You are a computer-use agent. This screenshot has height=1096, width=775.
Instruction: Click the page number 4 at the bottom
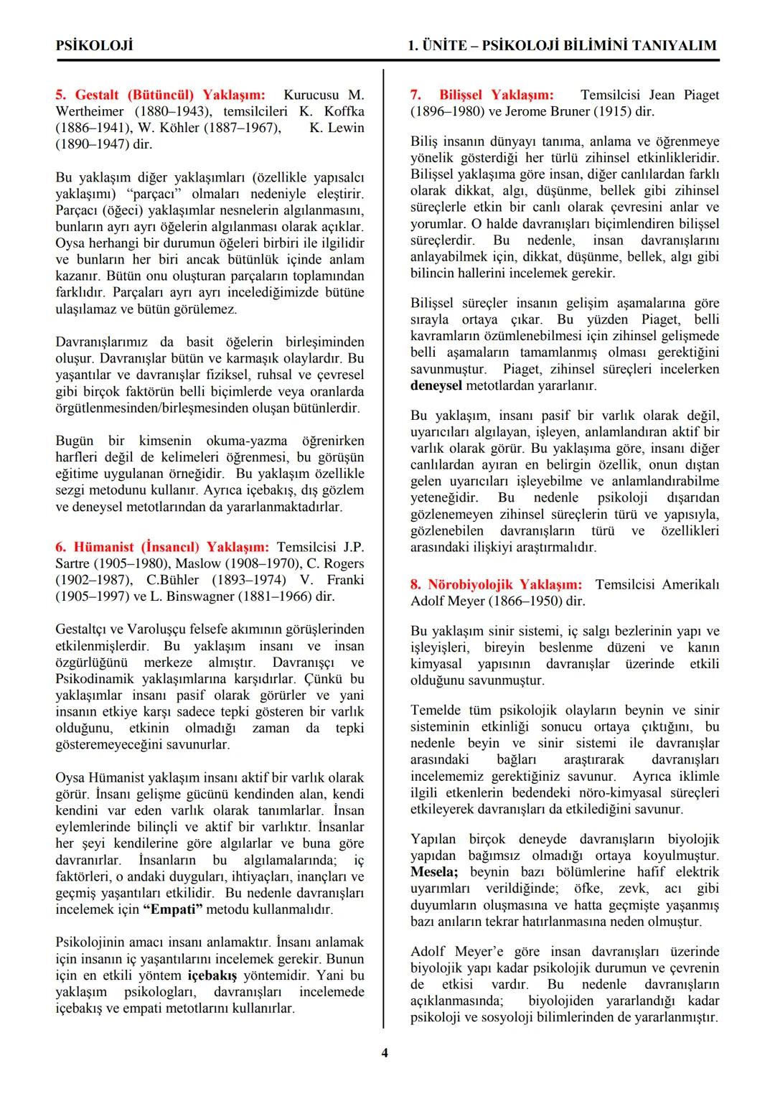(385, 1053)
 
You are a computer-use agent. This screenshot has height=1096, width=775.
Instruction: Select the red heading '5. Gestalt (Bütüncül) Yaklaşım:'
(160, 95)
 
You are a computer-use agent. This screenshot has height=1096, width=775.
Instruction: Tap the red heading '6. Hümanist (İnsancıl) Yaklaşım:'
(162, 547)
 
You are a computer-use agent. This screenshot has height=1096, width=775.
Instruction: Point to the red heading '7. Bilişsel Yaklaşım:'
(482, 95)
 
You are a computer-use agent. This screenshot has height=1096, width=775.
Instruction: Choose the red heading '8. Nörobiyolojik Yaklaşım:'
(496, 584)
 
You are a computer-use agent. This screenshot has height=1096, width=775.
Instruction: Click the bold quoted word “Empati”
(173, 909)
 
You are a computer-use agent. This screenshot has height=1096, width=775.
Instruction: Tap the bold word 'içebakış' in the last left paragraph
(213, 975)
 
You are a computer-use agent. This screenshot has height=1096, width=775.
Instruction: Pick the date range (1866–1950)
(523, 601)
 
